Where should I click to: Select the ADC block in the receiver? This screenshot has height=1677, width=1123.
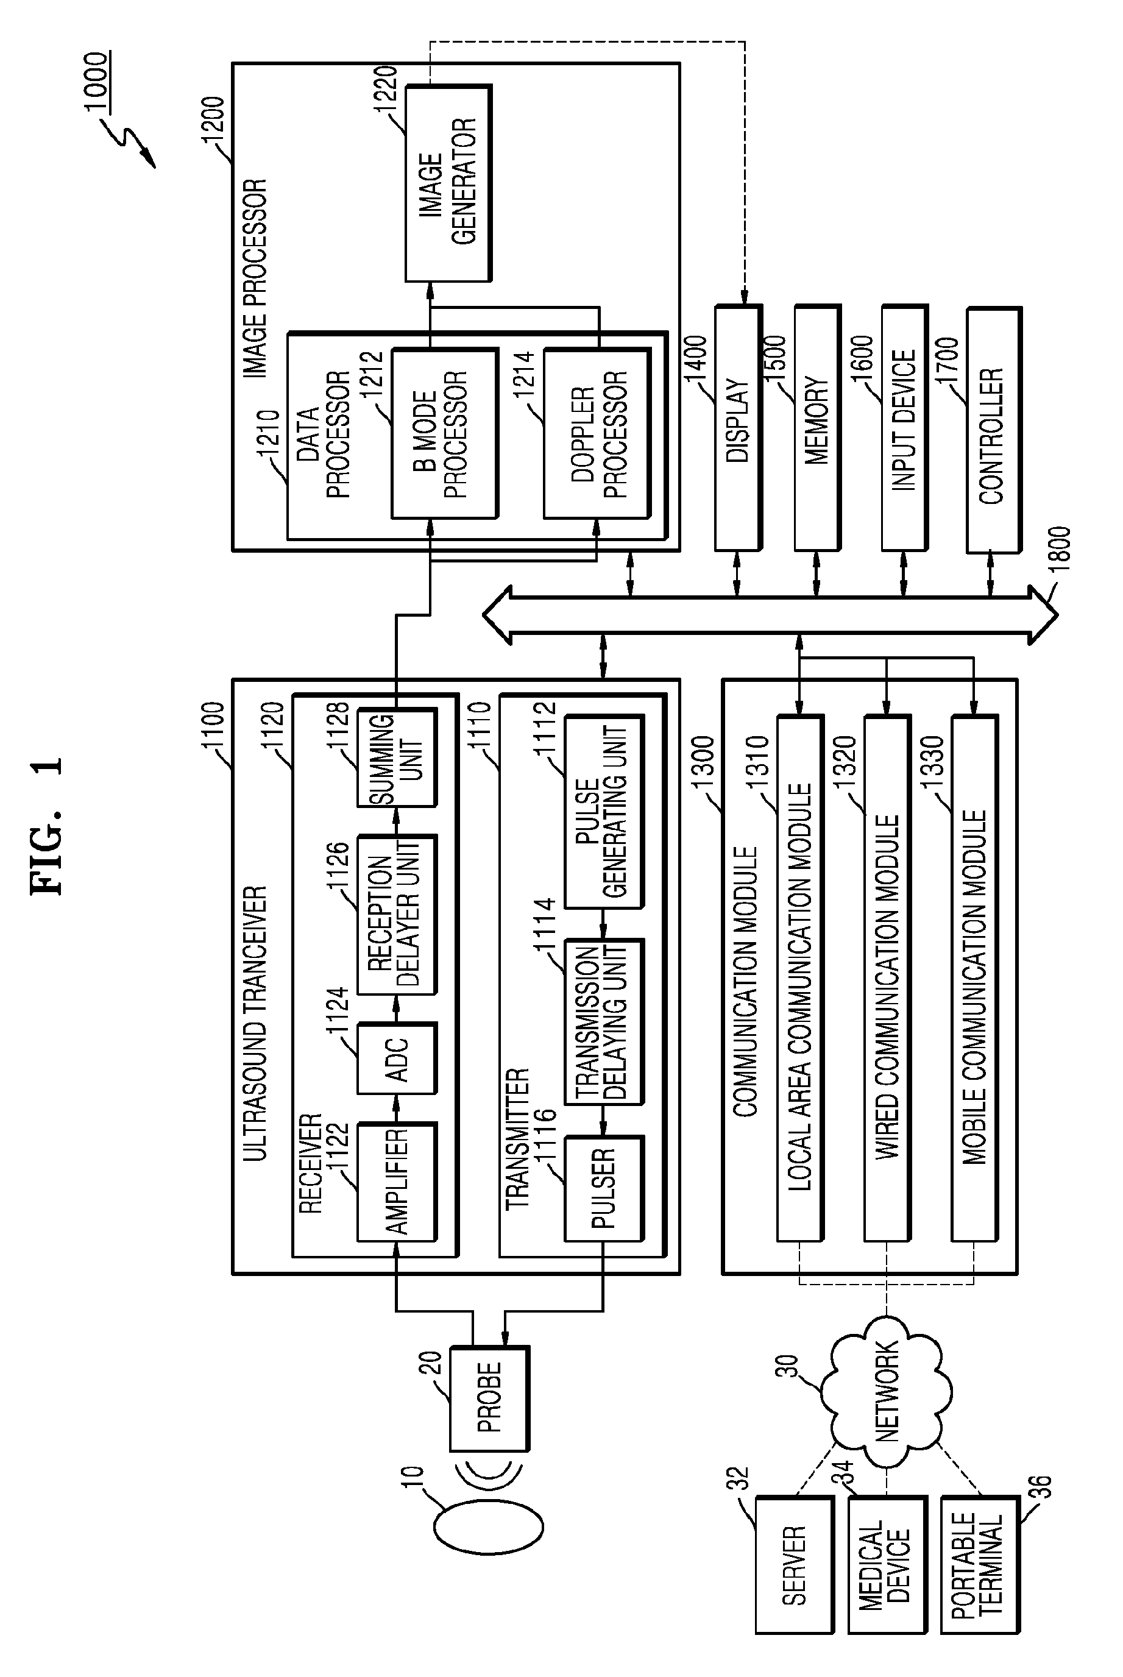click(396, 1058)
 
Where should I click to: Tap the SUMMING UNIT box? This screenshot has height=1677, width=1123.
click(396, 757)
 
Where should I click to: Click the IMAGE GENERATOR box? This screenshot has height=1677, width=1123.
click(448, 183)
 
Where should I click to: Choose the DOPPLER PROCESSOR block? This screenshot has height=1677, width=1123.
click(597, 433)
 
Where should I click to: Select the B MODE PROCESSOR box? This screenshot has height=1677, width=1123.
click(444, 433)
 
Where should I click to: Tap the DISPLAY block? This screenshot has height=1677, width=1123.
click(738, 429)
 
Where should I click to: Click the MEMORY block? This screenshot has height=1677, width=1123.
click(817, 429)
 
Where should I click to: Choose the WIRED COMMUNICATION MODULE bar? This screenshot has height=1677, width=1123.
click(887, 978)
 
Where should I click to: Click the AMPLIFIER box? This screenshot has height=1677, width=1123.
click(396, 1182)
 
